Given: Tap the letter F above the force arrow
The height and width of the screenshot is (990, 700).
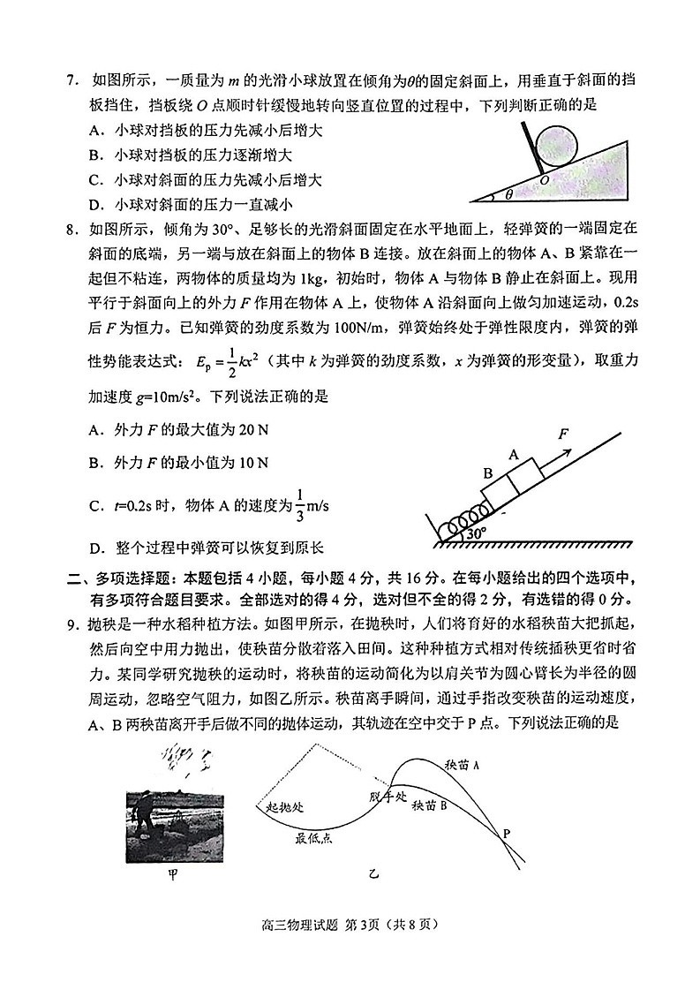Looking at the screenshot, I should [562, 434].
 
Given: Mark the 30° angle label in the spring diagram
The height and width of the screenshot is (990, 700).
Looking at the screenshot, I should [477, 534].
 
